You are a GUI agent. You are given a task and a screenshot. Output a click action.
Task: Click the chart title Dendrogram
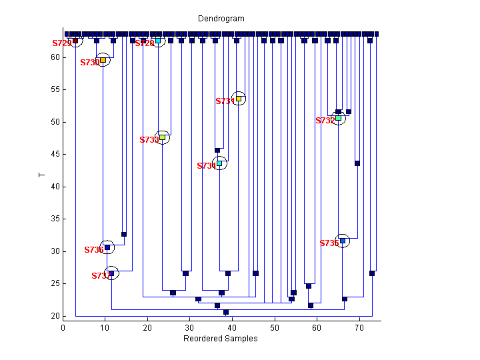coord(221,19)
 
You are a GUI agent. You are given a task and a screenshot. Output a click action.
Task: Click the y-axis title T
coord(41,175)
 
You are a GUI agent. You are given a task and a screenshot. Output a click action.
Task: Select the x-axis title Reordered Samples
coord(221,339)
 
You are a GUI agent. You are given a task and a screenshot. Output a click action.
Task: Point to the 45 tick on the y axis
coord(63,154)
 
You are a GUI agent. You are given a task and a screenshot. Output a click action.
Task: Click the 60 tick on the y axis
coord(63,57)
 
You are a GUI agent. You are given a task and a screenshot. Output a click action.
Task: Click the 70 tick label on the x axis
coord(359,328)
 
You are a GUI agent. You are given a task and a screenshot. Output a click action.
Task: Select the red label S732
coord(325,121)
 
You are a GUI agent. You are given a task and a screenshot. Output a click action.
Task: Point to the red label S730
coord(90,63)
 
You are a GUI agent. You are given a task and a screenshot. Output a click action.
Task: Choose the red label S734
coord(207,166)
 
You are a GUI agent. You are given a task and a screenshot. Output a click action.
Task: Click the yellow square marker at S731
coord(239,99)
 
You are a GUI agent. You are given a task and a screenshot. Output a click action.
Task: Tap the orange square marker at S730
coord(103,60)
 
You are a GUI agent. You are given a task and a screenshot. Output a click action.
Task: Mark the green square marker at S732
coord(339,118)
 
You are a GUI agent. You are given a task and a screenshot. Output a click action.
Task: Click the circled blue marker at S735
coord(343,241)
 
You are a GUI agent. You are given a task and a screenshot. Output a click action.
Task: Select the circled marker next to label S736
coord(107,247)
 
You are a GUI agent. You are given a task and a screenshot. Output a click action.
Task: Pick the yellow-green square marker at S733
coord(162,137)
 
